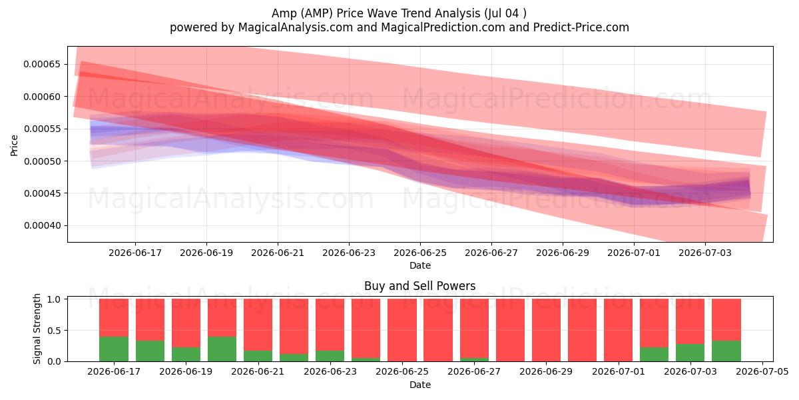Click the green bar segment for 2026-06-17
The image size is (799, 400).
[114, 349]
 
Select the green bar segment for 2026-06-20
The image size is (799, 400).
[222, 349]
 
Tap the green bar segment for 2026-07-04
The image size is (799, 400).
[726, 351]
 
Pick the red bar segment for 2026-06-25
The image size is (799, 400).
[402, 330]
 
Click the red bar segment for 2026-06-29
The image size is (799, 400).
[546, 330]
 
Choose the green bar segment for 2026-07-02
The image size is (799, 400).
[654, 354]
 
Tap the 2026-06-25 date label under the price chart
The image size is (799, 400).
[420, 253]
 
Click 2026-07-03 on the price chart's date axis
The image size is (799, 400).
[705, 253]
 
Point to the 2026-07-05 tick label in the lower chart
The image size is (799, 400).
[762, 372]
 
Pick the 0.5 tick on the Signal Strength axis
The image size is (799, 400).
[55, 331]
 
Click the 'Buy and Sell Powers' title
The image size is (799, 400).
[420, 286]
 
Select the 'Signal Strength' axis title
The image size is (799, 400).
[37, 329]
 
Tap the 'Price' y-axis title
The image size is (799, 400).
[14, 145]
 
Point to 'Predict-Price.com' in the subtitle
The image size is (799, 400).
[581, 27]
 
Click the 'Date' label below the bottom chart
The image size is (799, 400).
[420, 385]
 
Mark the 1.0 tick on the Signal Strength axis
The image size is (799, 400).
[55, 299]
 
